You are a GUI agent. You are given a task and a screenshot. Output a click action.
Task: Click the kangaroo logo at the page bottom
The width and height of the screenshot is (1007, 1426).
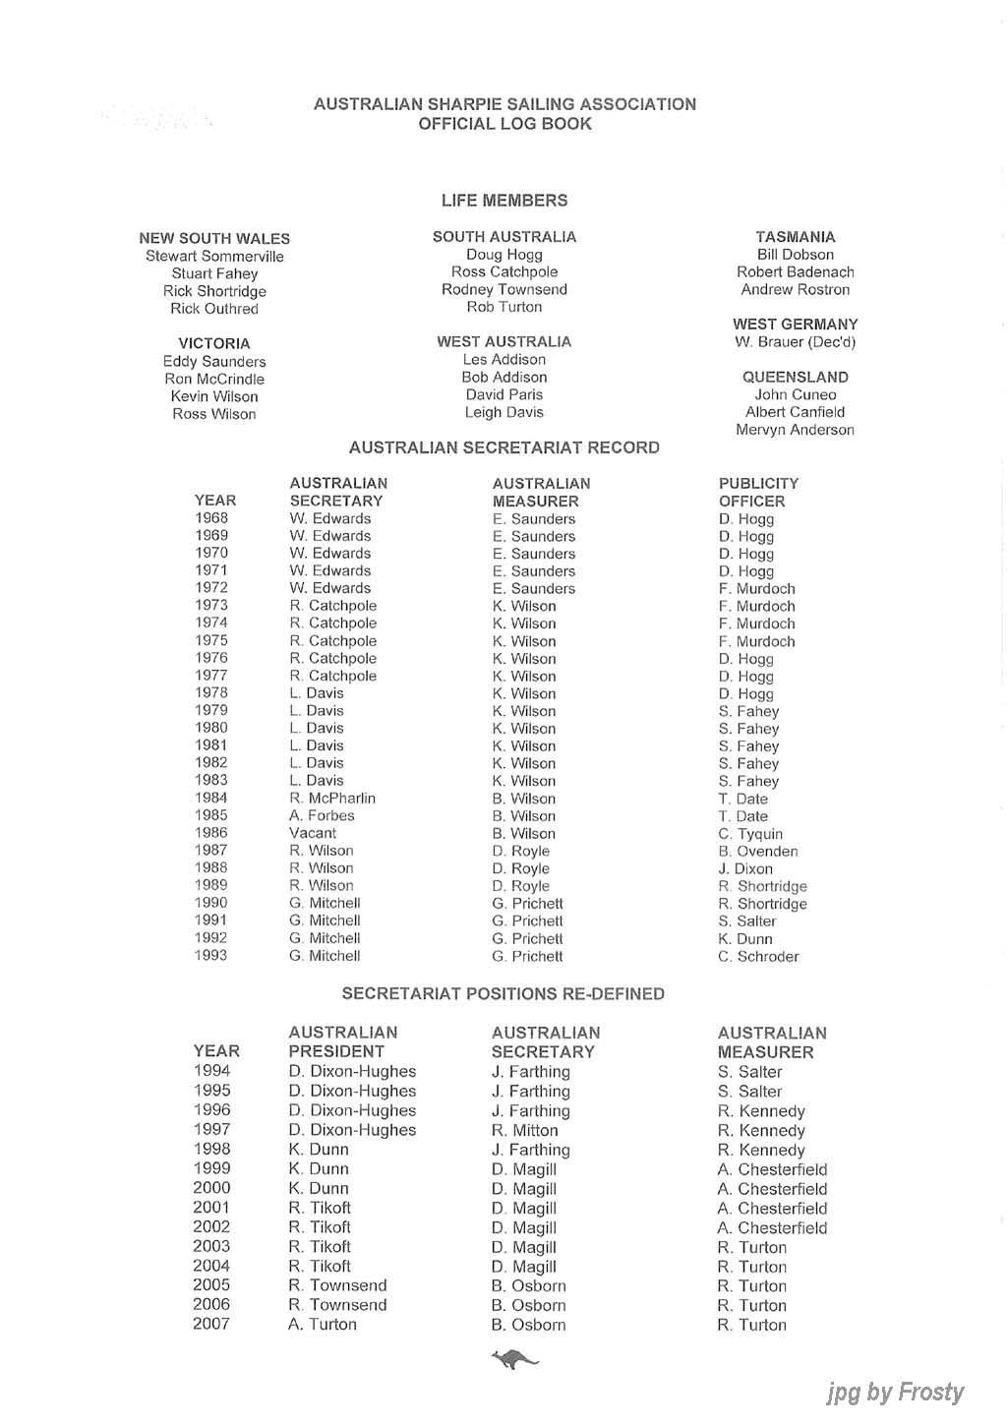(x=514, y=1360)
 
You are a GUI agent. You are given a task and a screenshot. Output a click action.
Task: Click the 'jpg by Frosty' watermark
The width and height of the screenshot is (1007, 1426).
(x=895, y=1393)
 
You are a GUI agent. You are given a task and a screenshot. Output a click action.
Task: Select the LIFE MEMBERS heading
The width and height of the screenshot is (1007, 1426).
(x=504, y=201)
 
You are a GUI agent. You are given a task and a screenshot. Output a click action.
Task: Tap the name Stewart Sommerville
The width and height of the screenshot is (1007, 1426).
(x=214, y=257)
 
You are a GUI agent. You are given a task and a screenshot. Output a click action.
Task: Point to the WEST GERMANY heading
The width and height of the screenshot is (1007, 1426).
(x=795, y=325)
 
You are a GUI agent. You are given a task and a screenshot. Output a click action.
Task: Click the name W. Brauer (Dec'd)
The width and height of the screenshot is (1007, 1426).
(x=795, y=342)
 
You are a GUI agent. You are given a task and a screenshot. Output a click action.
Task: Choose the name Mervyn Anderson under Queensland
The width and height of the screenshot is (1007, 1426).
(x=795, y=430)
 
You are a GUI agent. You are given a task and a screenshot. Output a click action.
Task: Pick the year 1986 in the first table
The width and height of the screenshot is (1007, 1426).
(x=211, y=833)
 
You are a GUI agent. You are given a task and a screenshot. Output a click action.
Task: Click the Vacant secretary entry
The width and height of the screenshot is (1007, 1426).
(x=313, y=833)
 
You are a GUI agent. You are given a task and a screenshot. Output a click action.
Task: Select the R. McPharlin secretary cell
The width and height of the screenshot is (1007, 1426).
(x=332, y=799)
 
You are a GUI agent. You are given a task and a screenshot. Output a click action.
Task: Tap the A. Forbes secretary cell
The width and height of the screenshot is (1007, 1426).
(x=322, y=815)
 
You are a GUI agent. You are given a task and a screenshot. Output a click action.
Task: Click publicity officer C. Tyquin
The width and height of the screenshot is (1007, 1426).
(x=750, y=834)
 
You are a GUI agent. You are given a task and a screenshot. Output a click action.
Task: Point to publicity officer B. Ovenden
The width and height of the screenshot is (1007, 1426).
(x=758, y=852)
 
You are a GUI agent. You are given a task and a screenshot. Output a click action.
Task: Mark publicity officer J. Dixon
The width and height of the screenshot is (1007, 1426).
(x=745, y=869)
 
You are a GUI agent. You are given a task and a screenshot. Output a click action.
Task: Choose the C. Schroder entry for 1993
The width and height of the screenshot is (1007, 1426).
(x=758, y=957)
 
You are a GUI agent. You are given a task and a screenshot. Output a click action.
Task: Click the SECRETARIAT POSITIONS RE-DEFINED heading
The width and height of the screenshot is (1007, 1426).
(x=503, y=994)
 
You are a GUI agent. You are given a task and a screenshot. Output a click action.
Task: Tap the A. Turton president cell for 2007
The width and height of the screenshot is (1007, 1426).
(x=323, y=1325)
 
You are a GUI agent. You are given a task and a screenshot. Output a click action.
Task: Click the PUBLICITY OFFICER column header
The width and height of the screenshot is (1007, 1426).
(x=758, y=493)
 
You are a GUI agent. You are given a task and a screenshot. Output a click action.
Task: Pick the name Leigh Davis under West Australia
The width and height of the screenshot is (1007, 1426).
(x=504, y=413)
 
